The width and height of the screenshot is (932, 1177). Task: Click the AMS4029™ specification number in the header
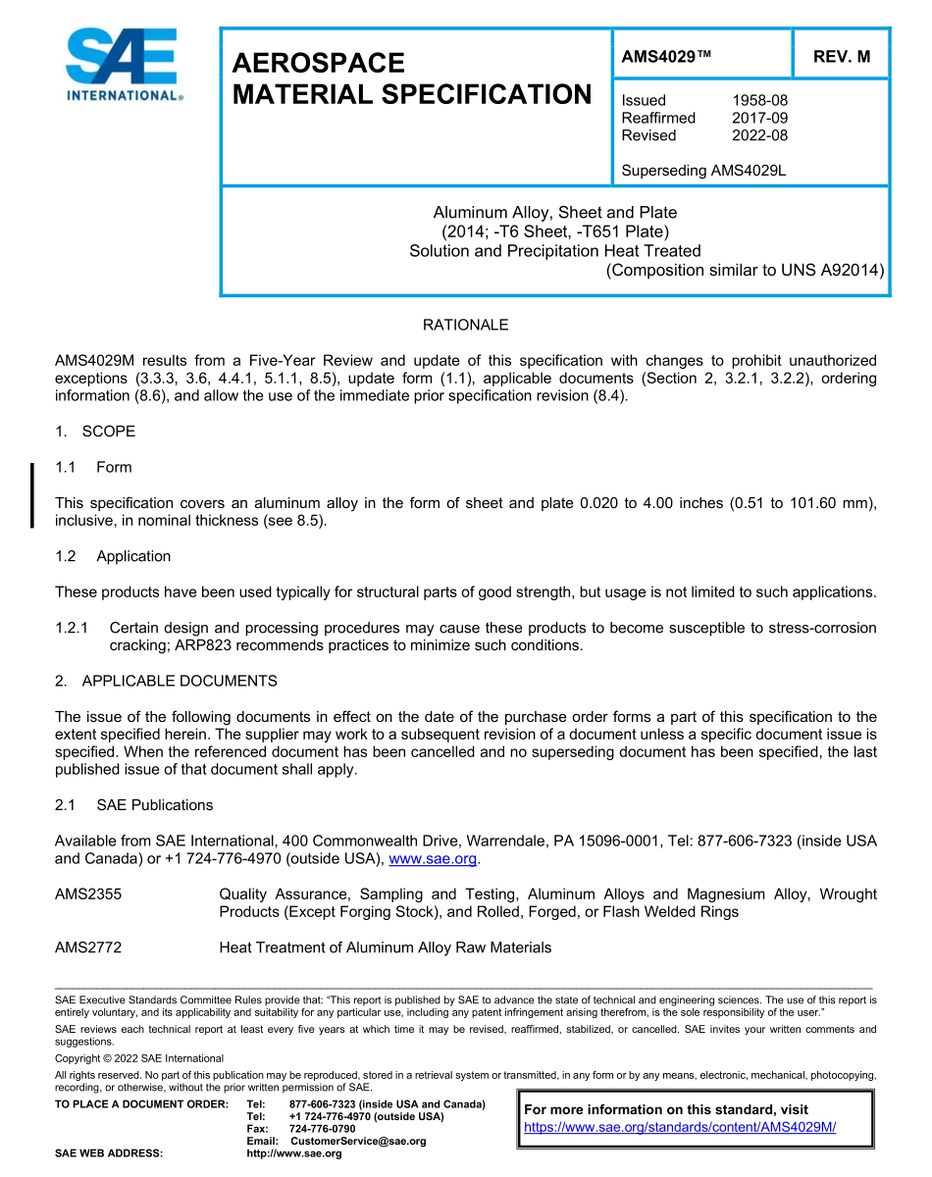click(x=665, y=57)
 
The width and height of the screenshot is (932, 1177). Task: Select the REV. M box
click(x=841, y=57)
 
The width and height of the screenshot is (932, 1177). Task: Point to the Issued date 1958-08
click(x=759, y=100)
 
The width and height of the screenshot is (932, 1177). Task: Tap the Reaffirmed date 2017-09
click(x=759, y=118)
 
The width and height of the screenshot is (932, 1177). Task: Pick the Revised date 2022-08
click(x=759, y=135)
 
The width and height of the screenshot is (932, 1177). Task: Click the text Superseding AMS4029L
click(x=703, y=171)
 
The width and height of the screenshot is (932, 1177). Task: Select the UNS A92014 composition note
click(x=745, y=270)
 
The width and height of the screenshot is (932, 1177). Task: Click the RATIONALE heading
click(x=465, y=325)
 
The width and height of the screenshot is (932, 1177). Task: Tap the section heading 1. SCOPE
click(x=95, y=432)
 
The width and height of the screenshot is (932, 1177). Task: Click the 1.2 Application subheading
click(x=113, y=556)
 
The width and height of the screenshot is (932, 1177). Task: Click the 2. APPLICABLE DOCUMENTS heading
click(x=166, y=681)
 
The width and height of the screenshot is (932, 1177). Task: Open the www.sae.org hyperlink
click(x=433, y=859)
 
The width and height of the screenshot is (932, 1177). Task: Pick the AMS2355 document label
click(x=88, y=895)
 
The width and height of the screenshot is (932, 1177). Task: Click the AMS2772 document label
click(x=88, y=947)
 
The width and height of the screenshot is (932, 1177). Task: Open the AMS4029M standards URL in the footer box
click(x=680, y=1127)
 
